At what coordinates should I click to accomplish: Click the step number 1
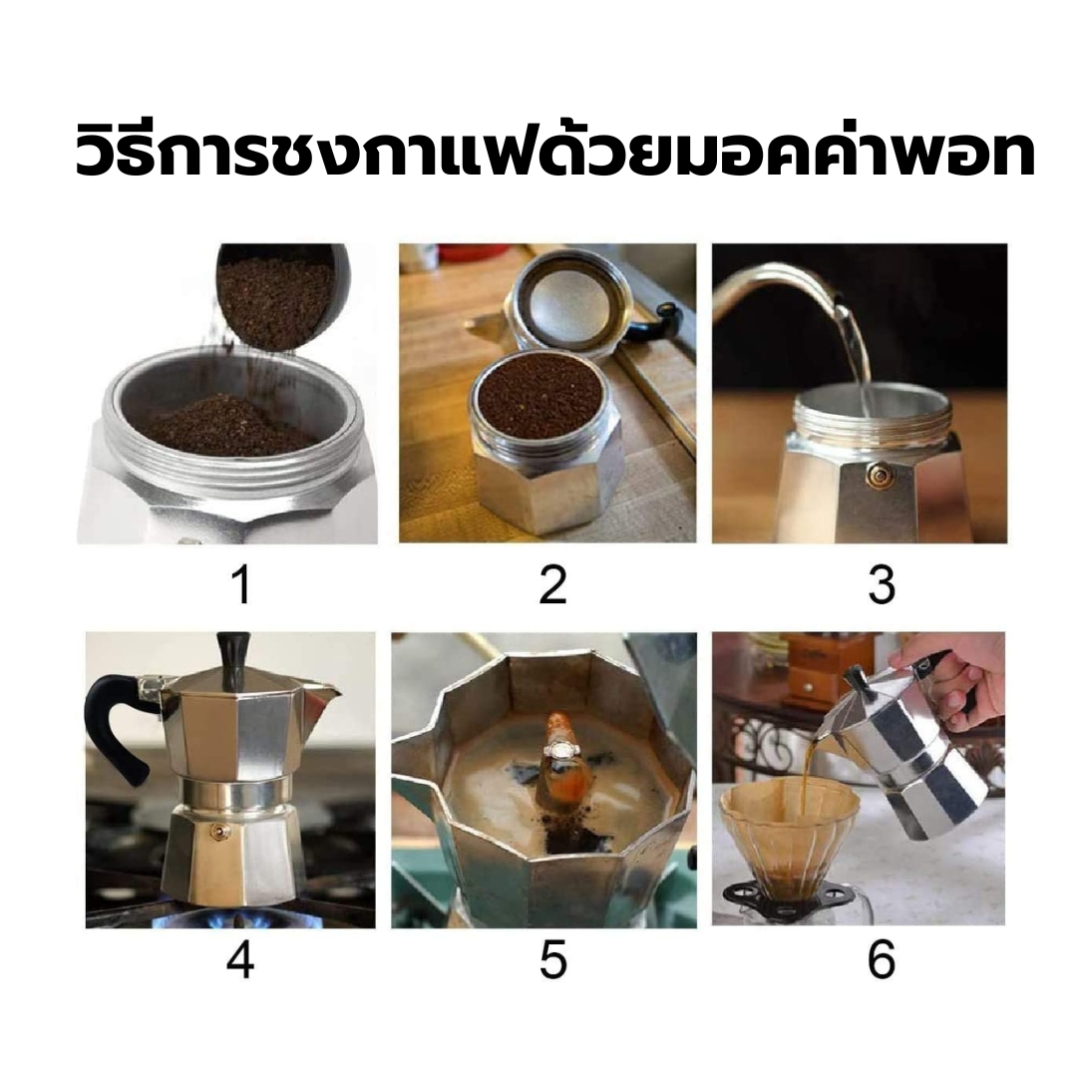tap(241, 586)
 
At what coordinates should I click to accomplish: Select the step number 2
tap(552, 586)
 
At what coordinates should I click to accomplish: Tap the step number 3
tap(881, 586)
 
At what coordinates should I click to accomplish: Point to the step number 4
tap(240, 959)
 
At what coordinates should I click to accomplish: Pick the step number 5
tap(552, 959)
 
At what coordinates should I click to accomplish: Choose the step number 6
tap(881, 959)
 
